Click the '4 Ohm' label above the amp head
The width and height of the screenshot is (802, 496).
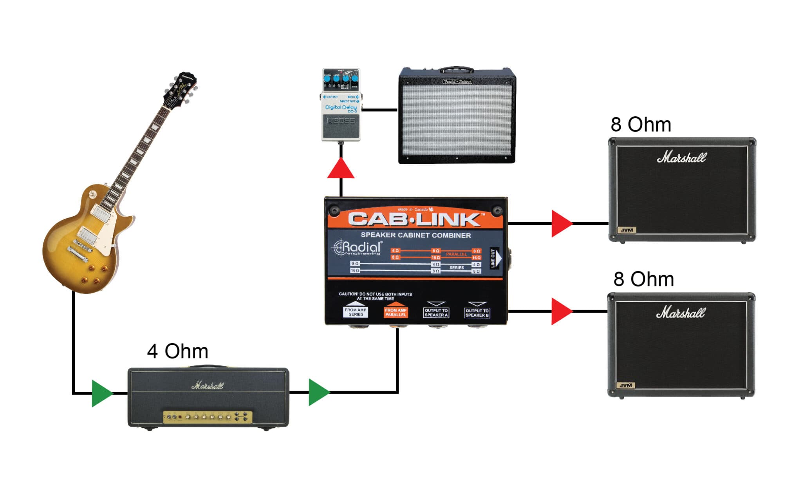177,351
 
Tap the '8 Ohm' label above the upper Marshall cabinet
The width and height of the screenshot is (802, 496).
641,125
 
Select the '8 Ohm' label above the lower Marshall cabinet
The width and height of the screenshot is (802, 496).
643,279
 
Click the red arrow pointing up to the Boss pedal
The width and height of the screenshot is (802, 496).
341,169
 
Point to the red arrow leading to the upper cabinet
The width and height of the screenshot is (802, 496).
560,224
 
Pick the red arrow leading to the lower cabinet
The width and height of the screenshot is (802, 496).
560,311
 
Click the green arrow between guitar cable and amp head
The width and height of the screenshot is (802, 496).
101,393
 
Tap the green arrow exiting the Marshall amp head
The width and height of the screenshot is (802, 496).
318,392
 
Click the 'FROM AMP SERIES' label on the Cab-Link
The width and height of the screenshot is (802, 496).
356,312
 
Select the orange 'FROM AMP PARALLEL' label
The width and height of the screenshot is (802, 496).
396,312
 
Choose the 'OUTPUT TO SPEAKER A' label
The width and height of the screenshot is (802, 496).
436,313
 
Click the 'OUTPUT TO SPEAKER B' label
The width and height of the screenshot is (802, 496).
477,313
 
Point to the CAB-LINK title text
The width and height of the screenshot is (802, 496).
414,220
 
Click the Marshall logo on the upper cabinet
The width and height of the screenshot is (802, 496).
681,157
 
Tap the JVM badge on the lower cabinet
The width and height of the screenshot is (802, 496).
625,385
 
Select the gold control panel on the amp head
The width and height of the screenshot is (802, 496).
208,417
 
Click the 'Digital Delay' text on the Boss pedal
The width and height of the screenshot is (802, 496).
341,107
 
